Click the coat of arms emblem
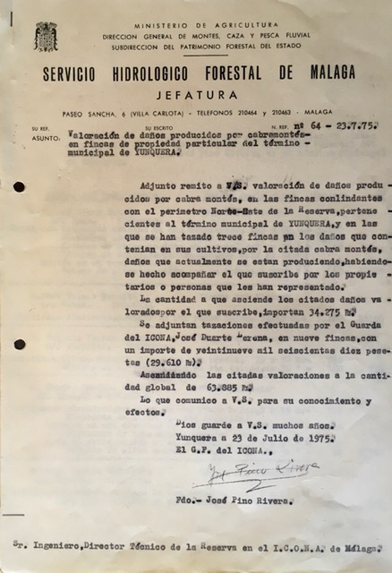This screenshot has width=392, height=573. point(46,37)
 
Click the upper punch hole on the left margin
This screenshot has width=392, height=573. point(19,187)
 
